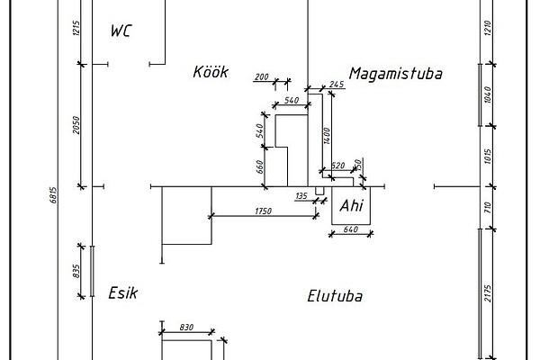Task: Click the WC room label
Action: pos(121,31)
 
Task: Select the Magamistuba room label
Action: pos(396,72)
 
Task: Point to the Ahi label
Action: pos(351,207)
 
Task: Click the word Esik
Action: pos(121,292)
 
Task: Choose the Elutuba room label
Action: pos(339,295)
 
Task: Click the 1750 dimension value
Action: pos(263,211)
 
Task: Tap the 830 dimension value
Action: pos(186,328)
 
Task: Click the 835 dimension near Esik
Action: pos(78,270)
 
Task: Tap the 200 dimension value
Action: pos(262,77)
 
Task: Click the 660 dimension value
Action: pos(259,166)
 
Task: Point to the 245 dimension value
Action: pos(337,84)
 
